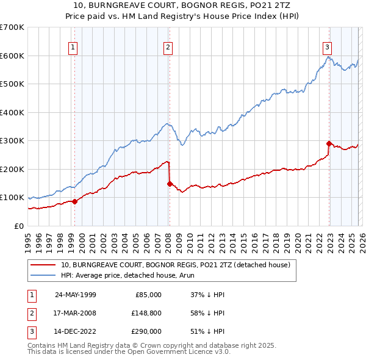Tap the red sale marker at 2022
point(329,144)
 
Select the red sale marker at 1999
point(75,201)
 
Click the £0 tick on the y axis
point(18,226)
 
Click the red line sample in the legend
point(43,265)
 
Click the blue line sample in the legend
point(43,275)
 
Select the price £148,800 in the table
point(146,313)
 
